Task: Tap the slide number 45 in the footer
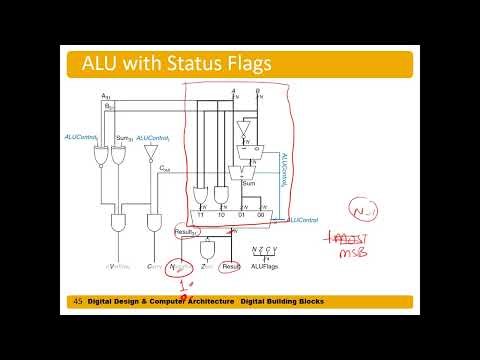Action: point(77,302)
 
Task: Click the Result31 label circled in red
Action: point(185,232)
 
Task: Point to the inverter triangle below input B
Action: point(241,128)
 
